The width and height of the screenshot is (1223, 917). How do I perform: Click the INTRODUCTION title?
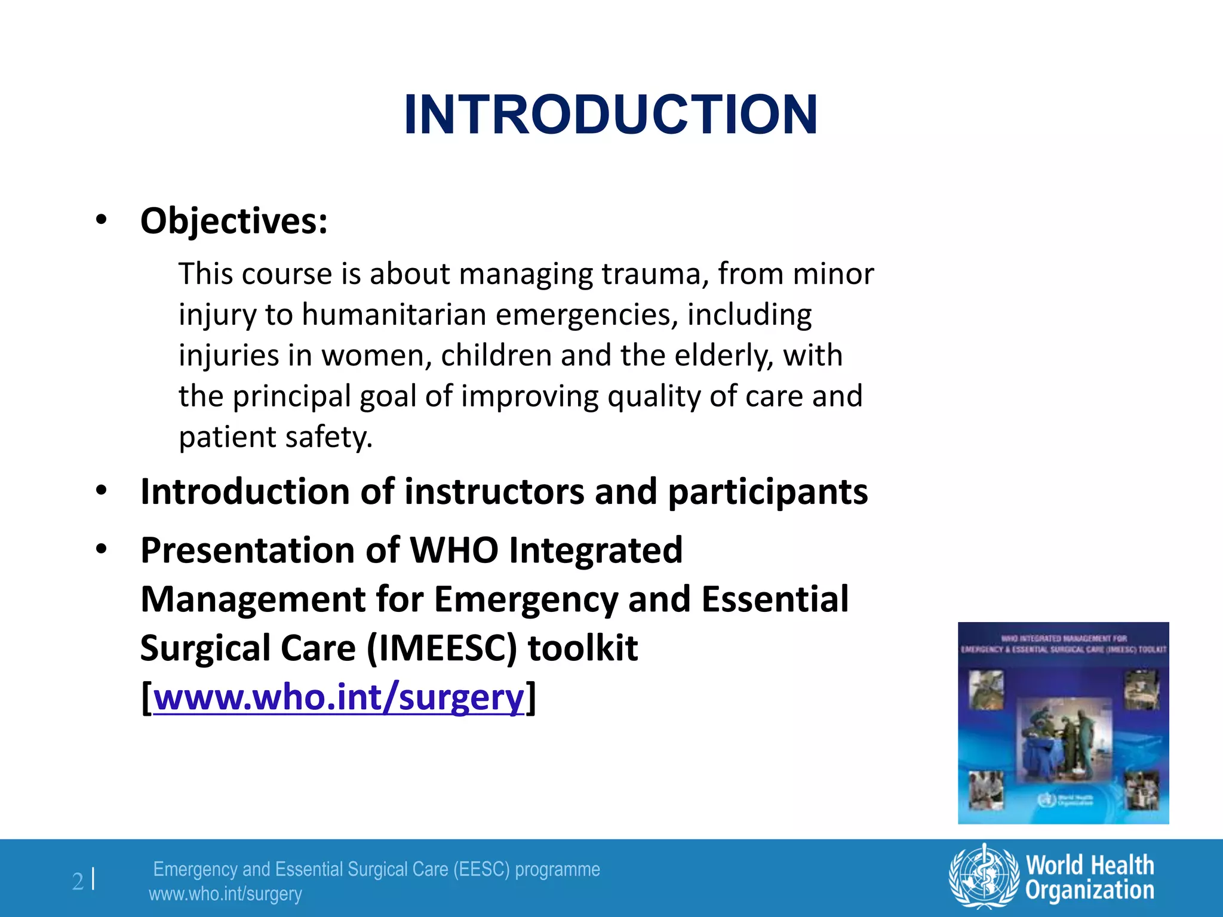pos(610,115)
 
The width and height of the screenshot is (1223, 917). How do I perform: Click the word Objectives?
pos(233,221)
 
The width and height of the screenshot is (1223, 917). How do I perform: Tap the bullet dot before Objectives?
pos(102,220)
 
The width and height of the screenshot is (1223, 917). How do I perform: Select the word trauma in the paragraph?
pos(654,274)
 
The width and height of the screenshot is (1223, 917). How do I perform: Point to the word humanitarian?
pos(394,315)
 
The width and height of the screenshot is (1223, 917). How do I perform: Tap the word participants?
pos(767,493)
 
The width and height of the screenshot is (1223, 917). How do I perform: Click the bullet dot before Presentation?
pos(102,549)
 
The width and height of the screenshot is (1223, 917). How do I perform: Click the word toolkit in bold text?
pos(583,648)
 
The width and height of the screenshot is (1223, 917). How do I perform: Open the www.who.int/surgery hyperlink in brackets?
pos(339,697)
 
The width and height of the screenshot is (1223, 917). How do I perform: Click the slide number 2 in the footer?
pos(78,881)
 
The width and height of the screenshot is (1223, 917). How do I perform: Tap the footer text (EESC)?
pos(481,869)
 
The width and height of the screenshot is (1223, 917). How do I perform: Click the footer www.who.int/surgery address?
pos(225,894)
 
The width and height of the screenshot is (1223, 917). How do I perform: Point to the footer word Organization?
pos(1090,890)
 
